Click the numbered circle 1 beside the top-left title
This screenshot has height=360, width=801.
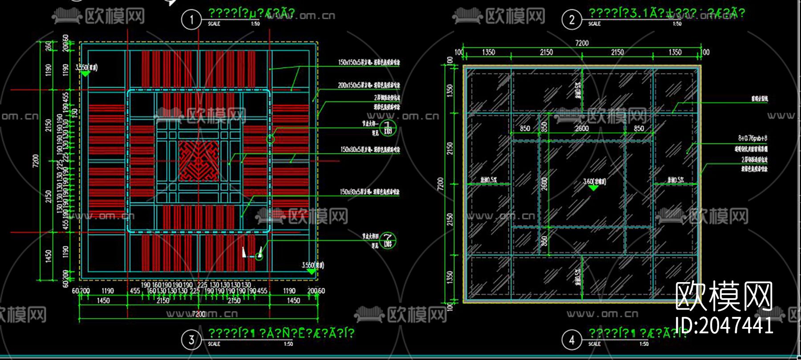[x=191, y=20]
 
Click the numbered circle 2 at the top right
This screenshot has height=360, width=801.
[x=571, y=20]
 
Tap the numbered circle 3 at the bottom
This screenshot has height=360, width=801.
[x=191, y=340]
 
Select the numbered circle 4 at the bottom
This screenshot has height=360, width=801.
[x=571, y=340]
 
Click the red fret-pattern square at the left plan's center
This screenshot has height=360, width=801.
[x=199, y=161]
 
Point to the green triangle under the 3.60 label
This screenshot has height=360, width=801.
[x=593, y=188]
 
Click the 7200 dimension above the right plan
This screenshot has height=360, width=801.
[x=582, y=43]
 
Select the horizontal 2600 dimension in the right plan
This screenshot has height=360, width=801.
[x=582, y=129]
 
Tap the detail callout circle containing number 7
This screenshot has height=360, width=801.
[x=388, y=241]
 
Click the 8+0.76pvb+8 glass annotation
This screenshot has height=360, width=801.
[x=752, y=138]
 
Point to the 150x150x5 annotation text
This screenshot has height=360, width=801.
[x=368, y=62]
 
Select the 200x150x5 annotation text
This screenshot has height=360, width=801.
[x=368, y=85]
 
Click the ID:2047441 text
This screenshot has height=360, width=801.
[x=724, y=325]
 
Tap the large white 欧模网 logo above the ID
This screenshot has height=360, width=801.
[x=724, y=296]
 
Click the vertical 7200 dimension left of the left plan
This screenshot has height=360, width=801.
[x=36, y=161]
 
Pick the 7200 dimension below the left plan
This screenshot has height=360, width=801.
[x=198, y=314]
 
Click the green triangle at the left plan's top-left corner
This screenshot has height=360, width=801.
[x=85, y=74]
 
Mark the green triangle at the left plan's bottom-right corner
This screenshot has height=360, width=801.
[x=311, y=271]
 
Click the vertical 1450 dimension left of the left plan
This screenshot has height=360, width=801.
[x=49, y=256]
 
